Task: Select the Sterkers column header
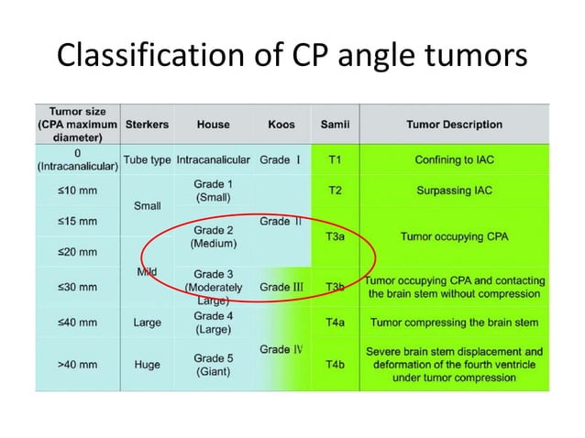(147, 124)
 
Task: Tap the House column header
(213, 124)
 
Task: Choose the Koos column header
(281, 124)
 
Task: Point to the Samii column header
(335, 124)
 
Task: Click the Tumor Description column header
(454, 124)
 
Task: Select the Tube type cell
(147, 159)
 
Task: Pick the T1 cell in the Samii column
(336, 159)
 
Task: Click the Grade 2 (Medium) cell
(212, 236)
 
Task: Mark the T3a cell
(336, 235)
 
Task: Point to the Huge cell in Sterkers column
(147, 364)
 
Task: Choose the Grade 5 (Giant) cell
(212, 364)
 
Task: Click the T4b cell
(336, 364)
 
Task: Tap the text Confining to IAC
(454, 159)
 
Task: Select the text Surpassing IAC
(454, 190)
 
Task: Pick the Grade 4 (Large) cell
(212, 322)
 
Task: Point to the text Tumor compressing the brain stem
(454, 322)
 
